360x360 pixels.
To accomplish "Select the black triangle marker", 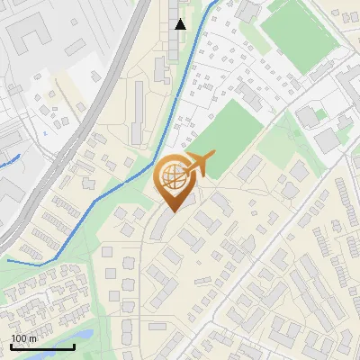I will [x=181, y=24].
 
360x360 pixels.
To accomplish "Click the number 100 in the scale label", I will [x=19, y=338].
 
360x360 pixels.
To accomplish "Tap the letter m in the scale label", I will [x=33, y=338].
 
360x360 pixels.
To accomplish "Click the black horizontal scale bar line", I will [x=42, y=347].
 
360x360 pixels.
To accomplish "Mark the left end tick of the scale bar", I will [x=11, y=346].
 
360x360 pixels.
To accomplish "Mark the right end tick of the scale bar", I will [x=75, y=346].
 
